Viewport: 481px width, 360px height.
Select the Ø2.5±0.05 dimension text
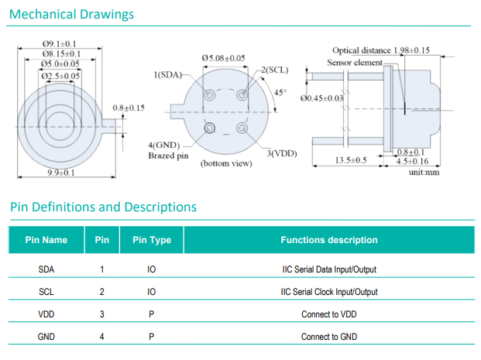61,75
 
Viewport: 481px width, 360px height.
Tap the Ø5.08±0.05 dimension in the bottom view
223,57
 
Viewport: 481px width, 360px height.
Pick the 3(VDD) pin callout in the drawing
281,153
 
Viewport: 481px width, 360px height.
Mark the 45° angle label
280,93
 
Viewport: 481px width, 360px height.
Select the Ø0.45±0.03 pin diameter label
321,98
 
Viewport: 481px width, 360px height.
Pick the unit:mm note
424,172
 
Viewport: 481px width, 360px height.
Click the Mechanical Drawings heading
72,15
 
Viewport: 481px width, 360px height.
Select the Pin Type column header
152,240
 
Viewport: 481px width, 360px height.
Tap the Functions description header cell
329,240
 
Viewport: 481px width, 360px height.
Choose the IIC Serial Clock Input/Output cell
329,292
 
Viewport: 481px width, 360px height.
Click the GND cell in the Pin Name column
46,337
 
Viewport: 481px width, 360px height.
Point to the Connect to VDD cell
329,314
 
